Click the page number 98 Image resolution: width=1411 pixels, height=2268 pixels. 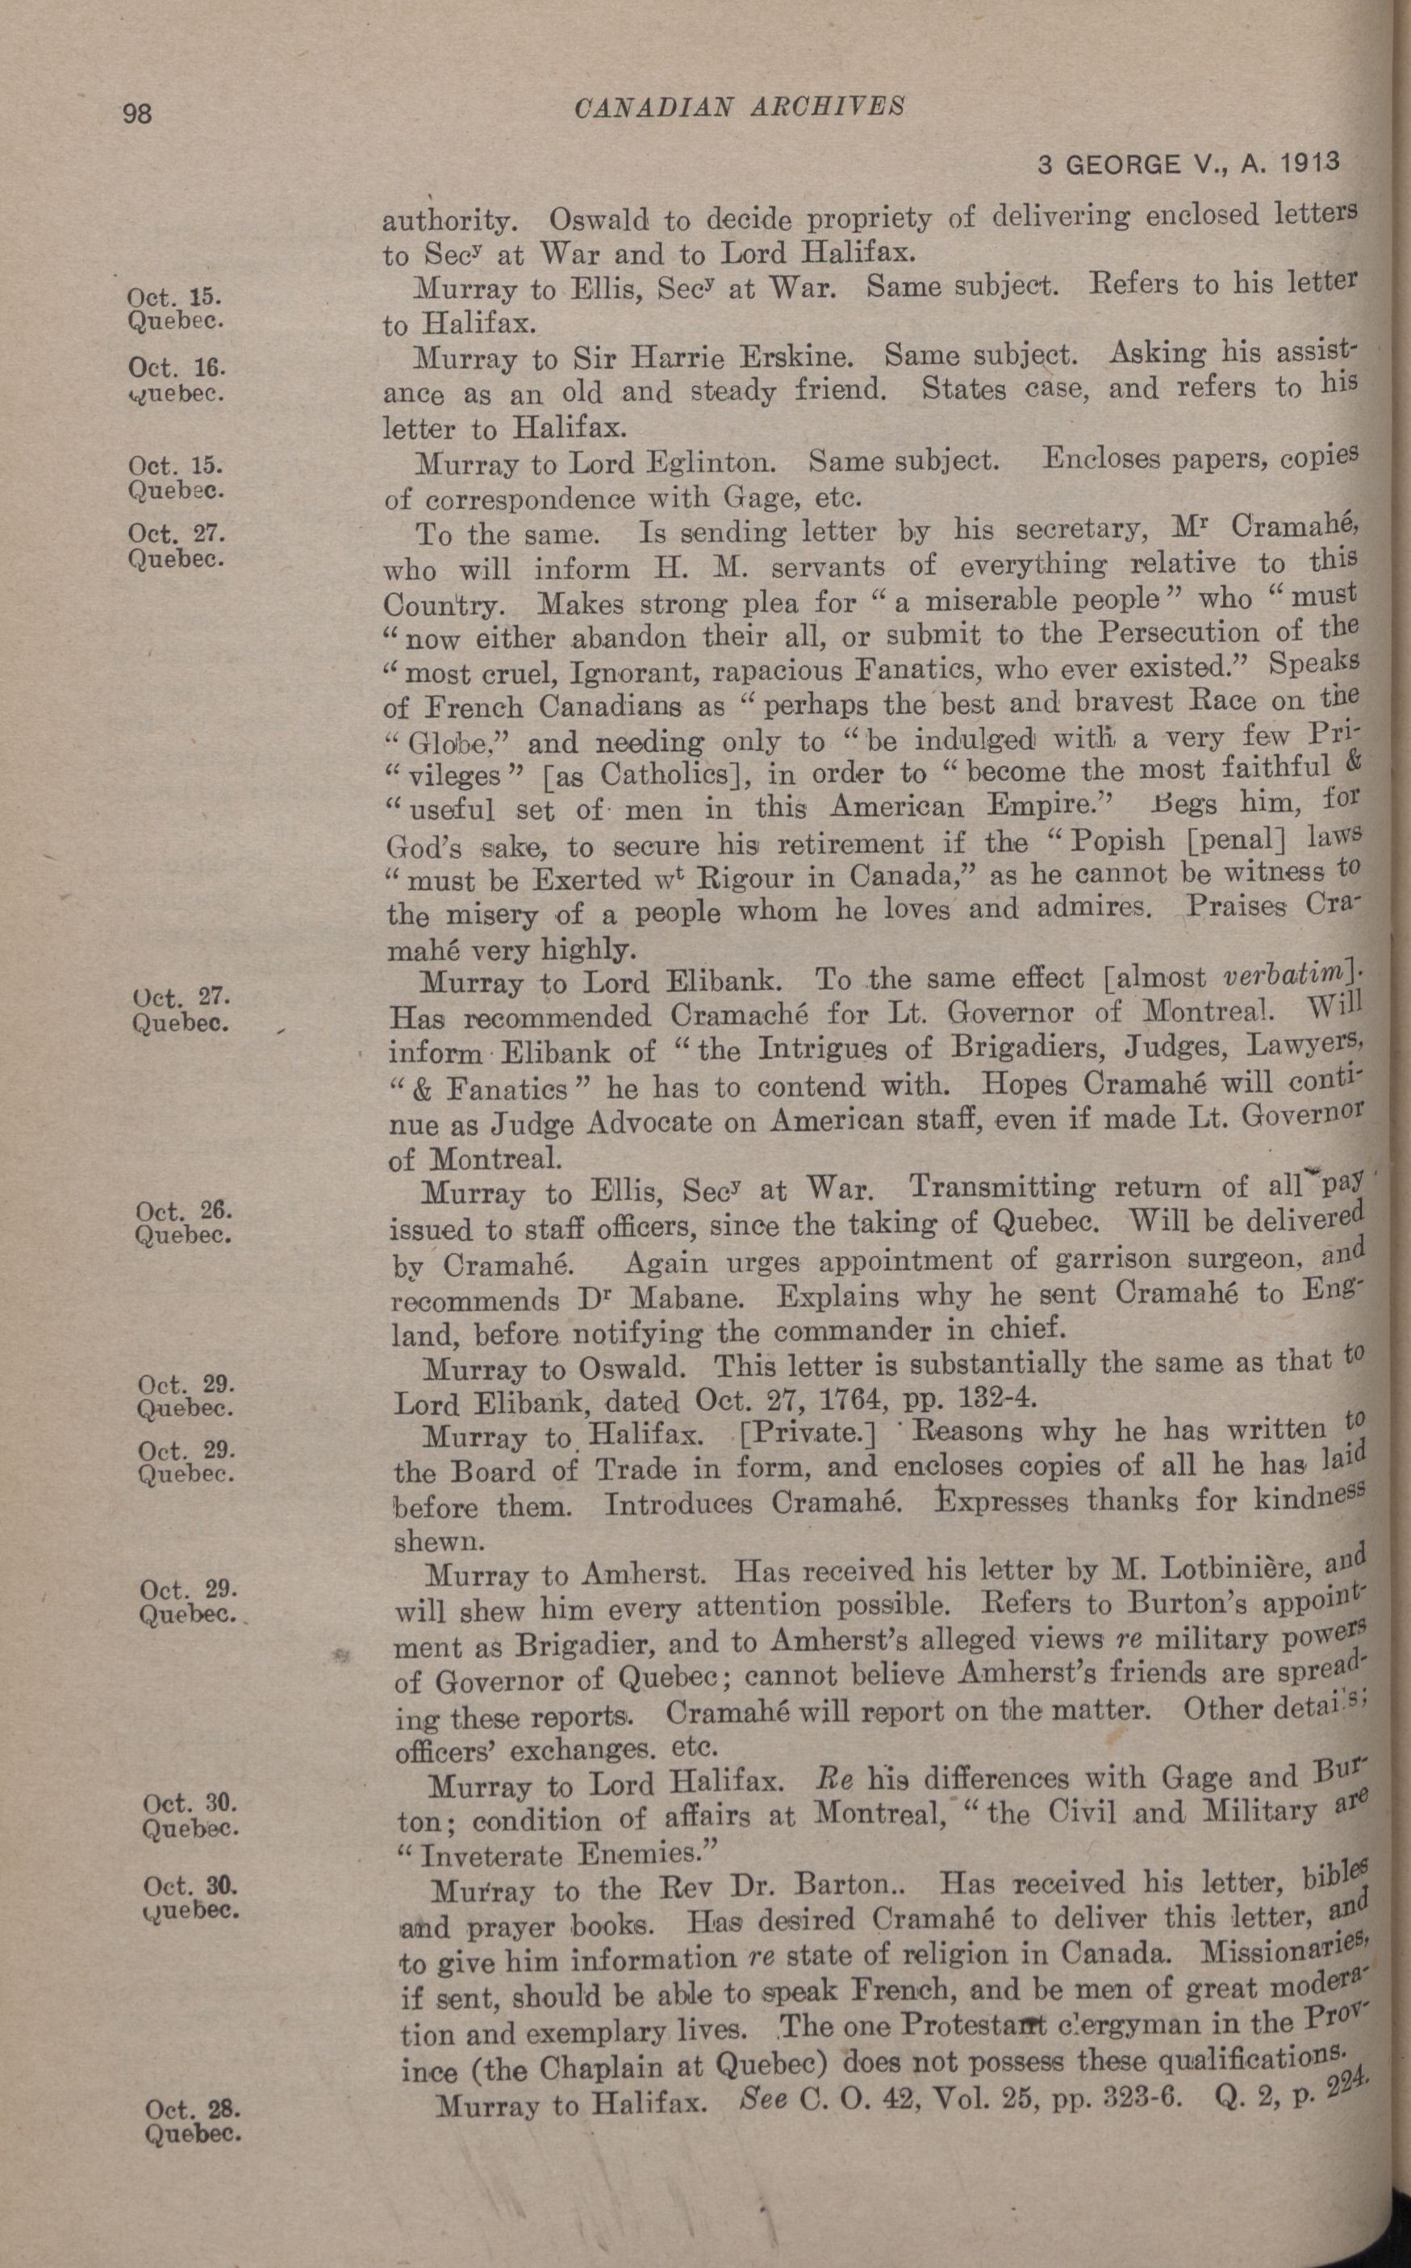(137, 114)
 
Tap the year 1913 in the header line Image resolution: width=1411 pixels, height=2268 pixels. (1309, 162)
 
